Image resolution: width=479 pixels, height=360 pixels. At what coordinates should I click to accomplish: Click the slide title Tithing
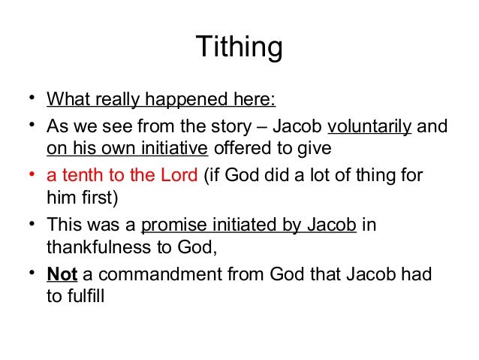[x=239, y=47]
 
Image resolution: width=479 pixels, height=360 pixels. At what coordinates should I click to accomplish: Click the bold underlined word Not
[x=62, y=274]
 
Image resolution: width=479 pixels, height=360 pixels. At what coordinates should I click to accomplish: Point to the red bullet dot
[x=33, y=174]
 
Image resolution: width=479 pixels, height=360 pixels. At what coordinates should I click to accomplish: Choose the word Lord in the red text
[x=178, y=175]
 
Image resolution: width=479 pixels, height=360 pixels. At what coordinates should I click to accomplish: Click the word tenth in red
[x=82, y=175]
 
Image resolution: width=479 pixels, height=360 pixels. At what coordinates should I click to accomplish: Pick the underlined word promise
[x=169, y=225]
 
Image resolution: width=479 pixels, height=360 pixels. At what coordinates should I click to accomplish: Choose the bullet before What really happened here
[x=33, y=98]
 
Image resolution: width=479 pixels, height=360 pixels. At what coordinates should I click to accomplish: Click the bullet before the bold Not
[x=33, y=273]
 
